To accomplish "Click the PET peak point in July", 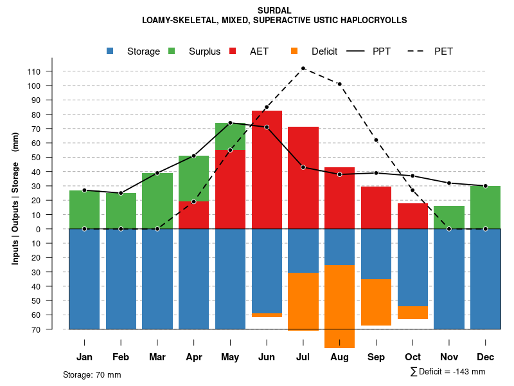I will click(303, 68).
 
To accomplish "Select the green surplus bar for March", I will click(157, 201).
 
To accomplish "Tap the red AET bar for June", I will click(267, 170).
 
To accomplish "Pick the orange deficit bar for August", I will click(339, 306).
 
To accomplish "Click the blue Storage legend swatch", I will click(111, 51).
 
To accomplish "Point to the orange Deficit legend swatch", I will click(295, 51).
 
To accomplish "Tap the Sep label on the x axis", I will click(376, 357).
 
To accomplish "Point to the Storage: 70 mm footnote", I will click(92, 374).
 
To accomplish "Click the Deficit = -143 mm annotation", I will click(448, 372).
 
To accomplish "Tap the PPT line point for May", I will click(230, 123).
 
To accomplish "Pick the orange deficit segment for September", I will click(376, 302).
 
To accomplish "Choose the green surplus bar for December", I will click(486, 207).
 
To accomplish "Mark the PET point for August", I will click(339, 84).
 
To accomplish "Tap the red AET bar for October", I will click(412, 216).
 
